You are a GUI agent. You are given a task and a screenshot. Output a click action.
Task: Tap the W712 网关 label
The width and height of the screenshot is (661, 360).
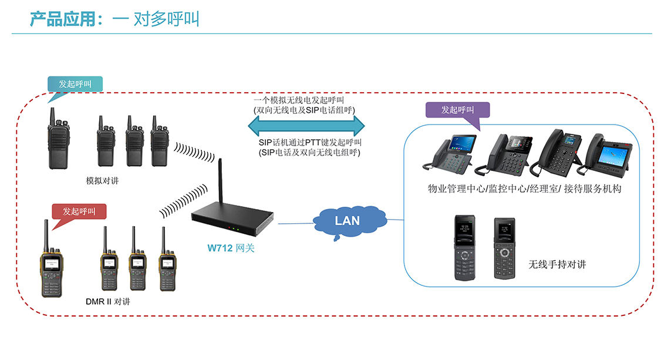click(x=231, y=248)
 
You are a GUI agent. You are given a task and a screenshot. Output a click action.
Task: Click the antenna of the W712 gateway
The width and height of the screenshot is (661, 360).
click(x=220, y=182)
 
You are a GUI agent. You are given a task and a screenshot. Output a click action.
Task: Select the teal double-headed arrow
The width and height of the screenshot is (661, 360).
click(x=306, y=126)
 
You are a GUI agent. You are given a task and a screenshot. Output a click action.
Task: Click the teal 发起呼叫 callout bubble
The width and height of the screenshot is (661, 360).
click(x=75, y=85)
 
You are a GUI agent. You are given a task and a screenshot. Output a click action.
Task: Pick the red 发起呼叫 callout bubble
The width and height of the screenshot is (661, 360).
click(x=79, y=211)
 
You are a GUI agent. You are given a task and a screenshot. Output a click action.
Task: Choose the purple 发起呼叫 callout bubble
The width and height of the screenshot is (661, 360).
click(x=458, y=110)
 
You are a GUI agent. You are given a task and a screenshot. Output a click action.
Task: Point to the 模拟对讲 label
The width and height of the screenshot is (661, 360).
click(x=103, y=181)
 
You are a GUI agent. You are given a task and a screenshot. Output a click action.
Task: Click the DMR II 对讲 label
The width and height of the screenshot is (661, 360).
click(x=108, y=301)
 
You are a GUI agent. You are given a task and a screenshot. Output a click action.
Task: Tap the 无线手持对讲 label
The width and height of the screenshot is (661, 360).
click(x=557, y=264)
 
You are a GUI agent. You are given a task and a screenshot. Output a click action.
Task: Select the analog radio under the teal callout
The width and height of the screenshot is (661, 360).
click(x=58, y=139)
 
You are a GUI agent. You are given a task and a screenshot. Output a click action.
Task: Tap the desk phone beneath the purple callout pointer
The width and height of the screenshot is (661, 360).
click(x=503, y=154)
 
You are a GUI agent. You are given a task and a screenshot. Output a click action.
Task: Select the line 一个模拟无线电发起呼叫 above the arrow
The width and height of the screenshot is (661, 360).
click(x=299, y=100)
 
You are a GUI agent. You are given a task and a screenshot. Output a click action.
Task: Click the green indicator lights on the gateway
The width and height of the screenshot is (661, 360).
click(x=236, y=229)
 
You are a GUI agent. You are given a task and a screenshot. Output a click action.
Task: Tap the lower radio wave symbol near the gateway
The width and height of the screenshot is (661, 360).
click(x=183, y=201)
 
